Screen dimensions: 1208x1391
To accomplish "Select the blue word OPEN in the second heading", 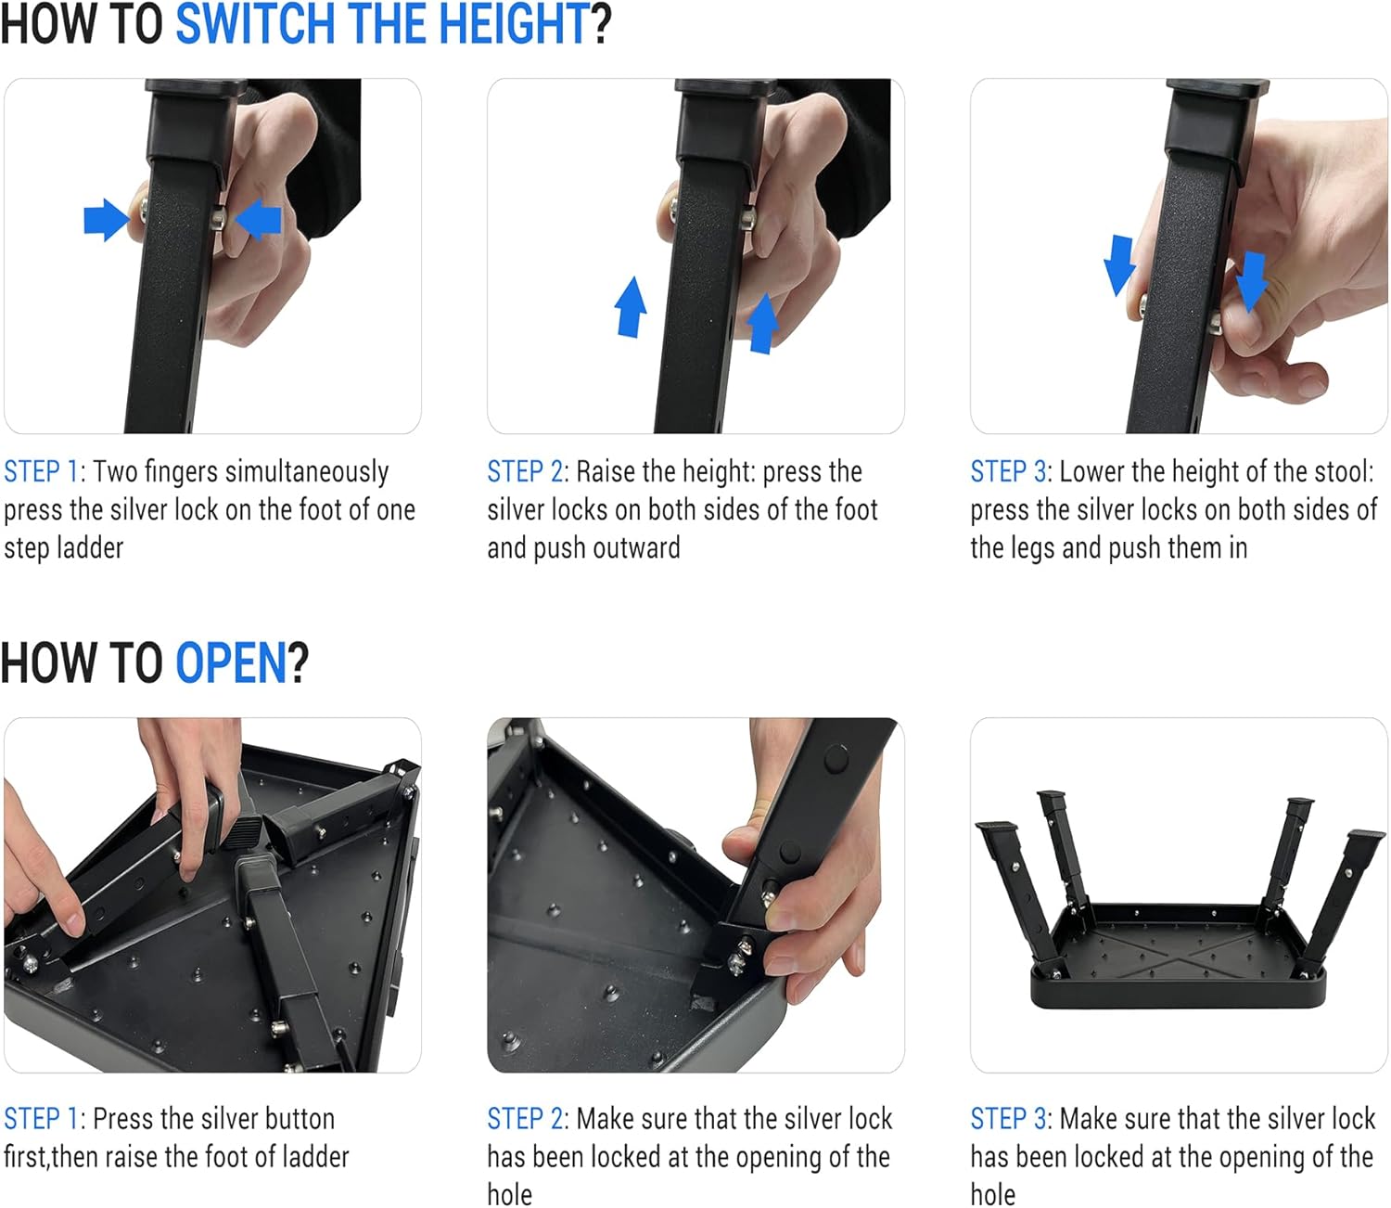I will pos(231,663).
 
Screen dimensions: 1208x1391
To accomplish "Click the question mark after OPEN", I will pos(298,663).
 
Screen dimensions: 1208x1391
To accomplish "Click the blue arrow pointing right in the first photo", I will pos(106,220).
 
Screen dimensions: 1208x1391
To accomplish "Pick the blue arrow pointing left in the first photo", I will pos(259,221).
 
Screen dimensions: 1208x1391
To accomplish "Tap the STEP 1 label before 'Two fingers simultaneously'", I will pos(41,472).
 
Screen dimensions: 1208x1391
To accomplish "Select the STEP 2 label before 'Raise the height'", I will pos(525,472).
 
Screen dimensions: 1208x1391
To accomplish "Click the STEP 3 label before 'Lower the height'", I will pos(1008,472).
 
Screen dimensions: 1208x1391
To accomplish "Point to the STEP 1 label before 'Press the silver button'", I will pos(41,1119).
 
